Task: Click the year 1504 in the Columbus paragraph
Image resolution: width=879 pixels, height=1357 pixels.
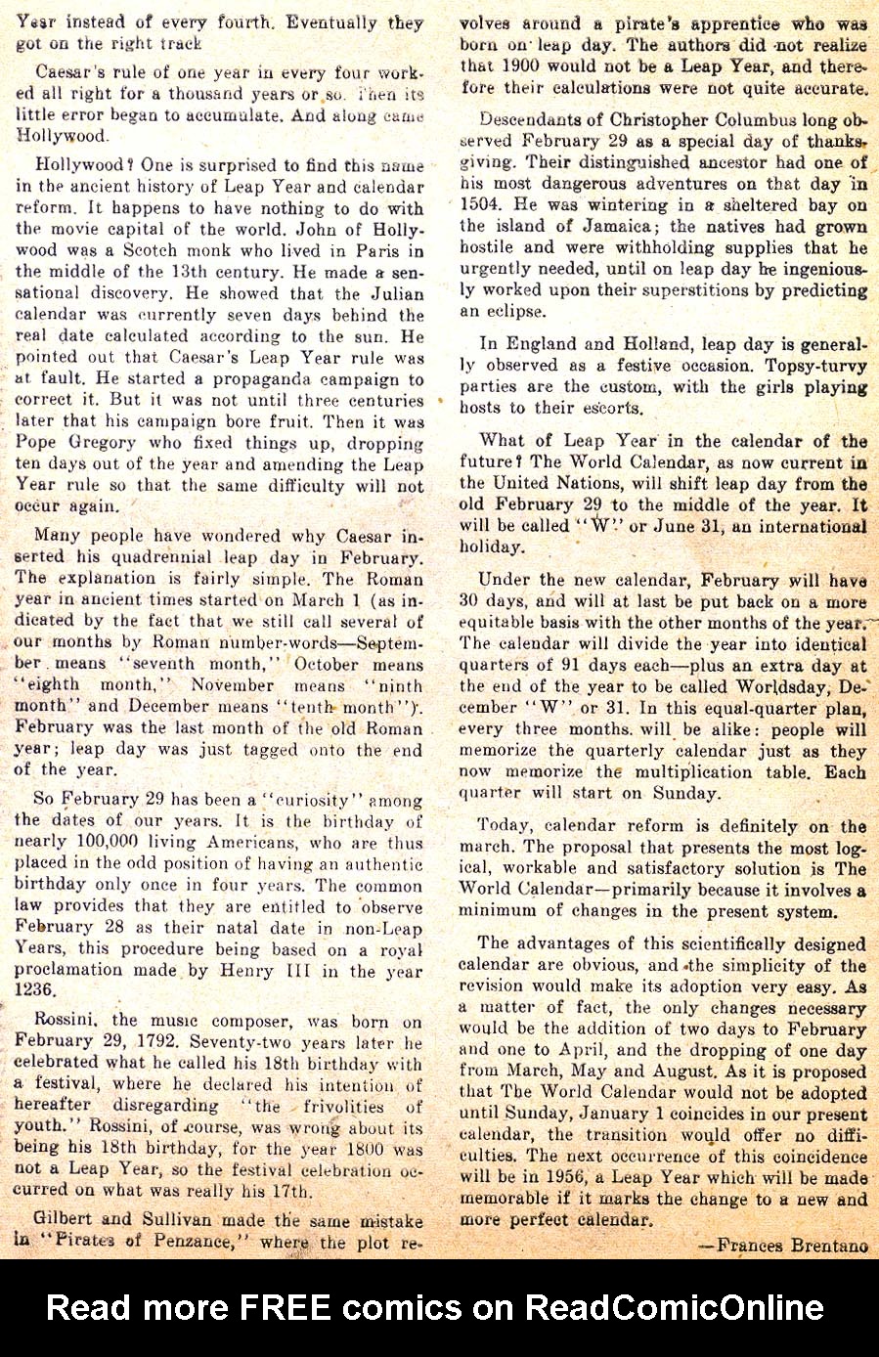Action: click(x=481, y=204)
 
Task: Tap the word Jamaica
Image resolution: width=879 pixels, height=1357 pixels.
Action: click(x=599, y=226)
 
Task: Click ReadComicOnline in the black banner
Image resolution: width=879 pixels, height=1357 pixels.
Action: click(x=674, y=1307)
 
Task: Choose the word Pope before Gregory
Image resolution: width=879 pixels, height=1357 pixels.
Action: click(x=38, y=444)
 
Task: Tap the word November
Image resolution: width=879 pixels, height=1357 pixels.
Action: click(x=233, y=685)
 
